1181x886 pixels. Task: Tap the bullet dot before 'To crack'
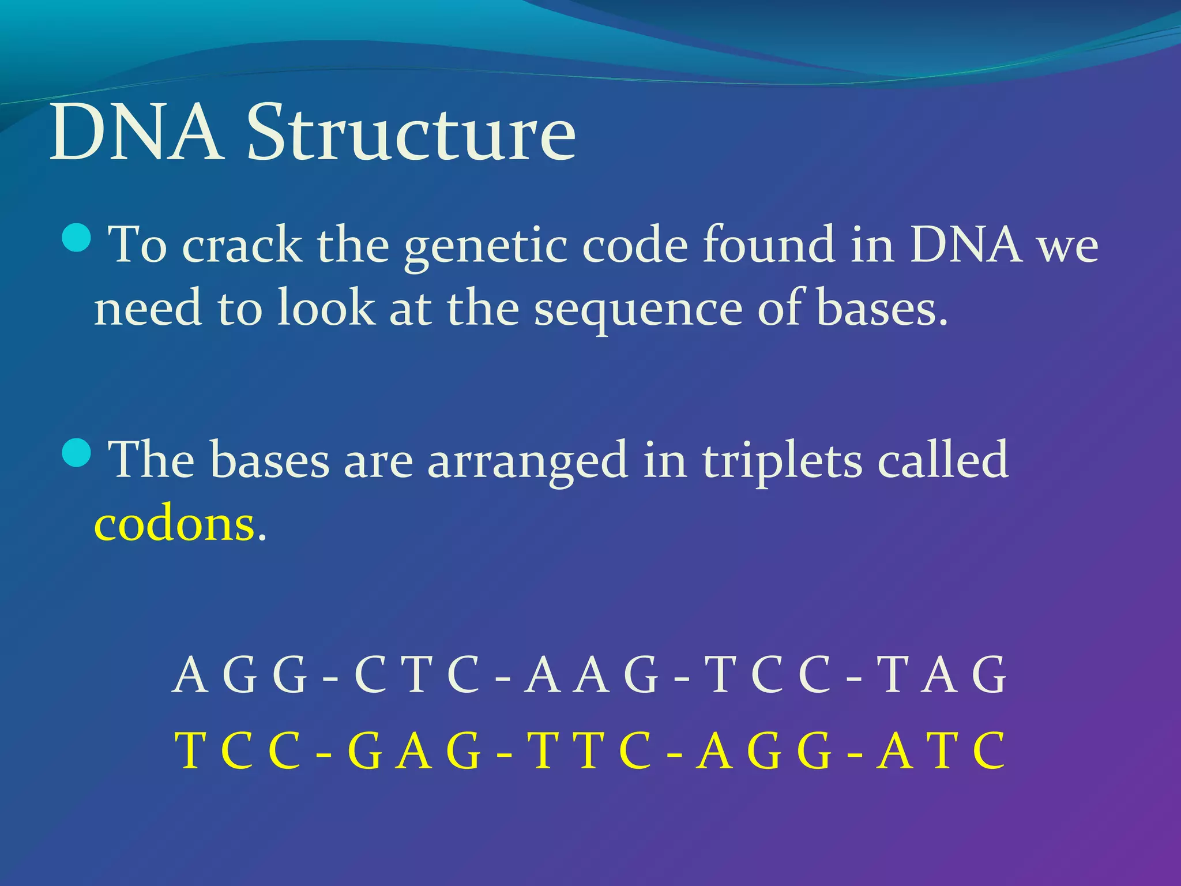76,238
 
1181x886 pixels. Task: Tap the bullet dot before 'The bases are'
76,453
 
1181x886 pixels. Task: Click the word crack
242,246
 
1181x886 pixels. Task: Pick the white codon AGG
240,675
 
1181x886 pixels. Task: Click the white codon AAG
592,675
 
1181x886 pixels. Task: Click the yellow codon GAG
413,751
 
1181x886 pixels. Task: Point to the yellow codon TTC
592,751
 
